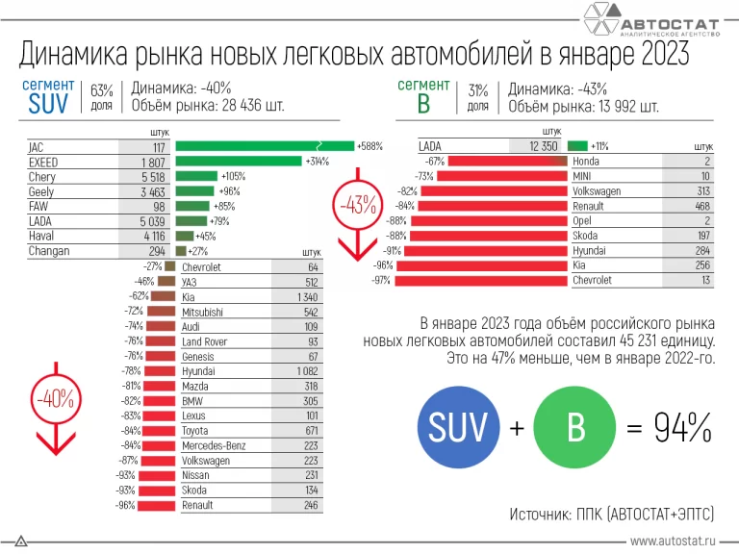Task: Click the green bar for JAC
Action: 265,146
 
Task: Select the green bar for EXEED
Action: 239,162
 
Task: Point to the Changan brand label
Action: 50,251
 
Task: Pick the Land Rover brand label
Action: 204,341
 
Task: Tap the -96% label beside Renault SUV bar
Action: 124,506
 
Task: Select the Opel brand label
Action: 584,220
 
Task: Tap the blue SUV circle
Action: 460,428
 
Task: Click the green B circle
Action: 573,428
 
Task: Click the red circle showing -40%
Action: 54,396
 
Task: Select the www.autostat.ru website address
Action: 674,542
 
